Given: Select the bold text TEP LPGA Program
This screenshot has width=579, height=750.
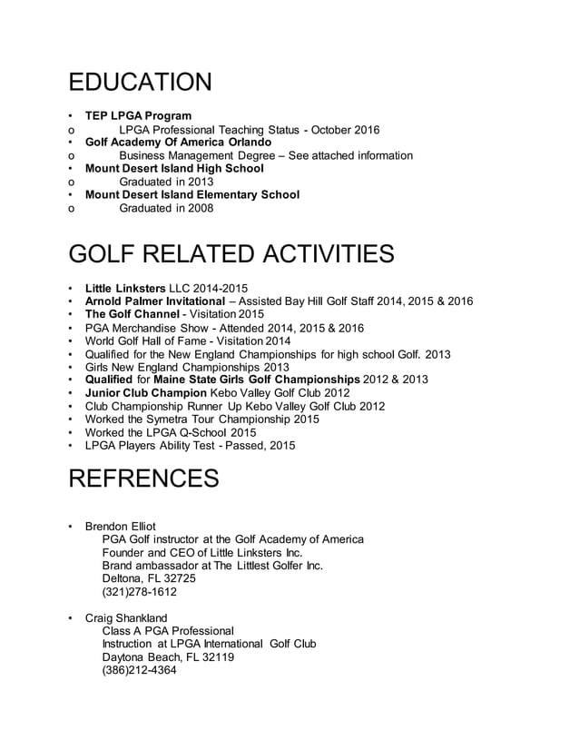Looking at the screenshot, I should (x=138, y=116).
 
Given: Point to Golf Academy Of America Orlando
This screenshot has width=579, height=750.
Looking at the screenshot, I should (x=178, y=143).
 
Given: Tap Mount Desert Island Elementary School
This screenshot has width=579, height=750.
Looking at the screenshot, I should (x=191, y=194).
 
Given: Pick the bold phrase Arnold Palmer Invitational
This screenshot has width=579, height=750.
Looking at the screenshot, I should (x=155, y=301).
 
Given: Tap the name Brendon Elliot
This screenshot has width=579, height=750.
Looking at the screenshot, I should (x=120, y=527).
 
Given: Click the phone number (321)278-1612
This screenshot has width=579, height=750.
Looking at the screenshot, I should (x=140, y=592).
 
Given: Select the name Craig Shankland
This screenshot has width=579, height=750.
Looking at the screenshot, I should (x=125, y=618).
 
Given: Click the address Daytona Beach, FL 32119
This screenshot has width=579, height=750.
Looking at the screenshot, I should (x=168, y=657).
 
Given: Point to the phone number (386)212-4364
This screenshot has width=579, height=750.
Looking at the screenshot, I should (x=140, y=671).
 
